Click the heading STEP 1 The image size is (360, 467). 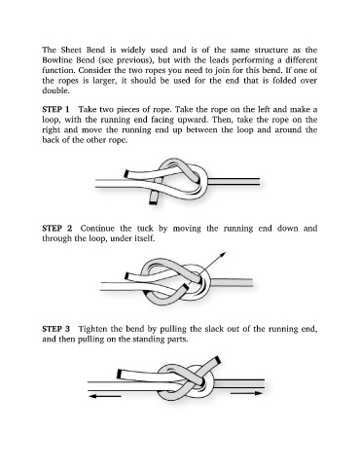(55, 109)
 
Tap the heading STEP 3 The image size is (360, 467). (56, 329)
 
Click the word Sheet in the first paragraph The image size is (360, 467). (71, 50)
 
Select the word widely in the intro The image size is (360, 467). (133, 50)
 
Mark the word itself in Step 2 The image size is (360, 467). (142, 238)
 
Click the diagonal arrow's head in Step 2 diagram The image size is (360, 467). (223, 255)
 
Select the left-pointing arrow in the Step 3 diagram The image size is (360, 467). (104, 396)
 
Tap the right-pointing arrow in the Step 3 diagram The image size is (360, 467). (247, 393)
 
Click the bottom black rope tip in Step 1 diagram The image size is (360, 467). (153, 202)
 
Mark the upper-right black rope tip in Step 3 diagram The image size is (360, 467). (219, 360)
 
